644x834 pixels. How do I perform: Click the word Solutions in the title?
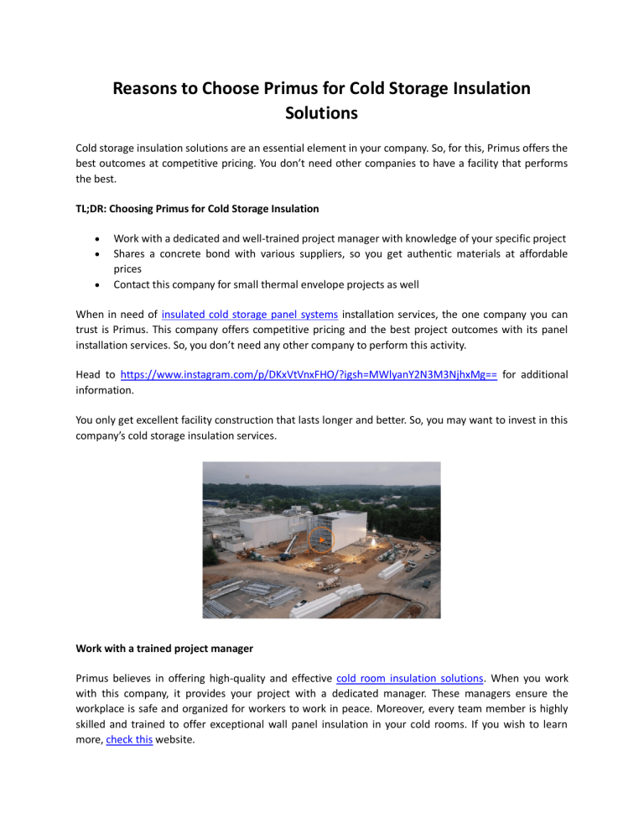coord(322,113)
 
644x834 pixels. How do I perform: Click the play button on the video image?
coord(321,541)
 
